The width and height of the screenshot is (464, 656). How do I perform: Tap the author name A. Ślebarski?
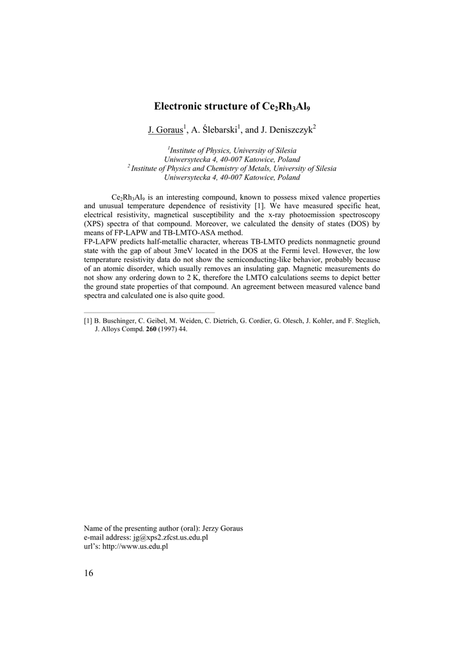pos(215,129)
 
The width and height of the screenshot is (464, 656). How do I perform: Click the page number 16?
pos(88,573)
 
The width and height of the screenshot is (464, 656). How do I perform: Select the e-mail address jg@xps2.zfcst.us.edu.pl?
pos(170,538)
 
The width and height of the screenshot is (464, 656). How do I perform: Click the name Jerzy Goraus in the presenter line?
pos(222,529)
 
